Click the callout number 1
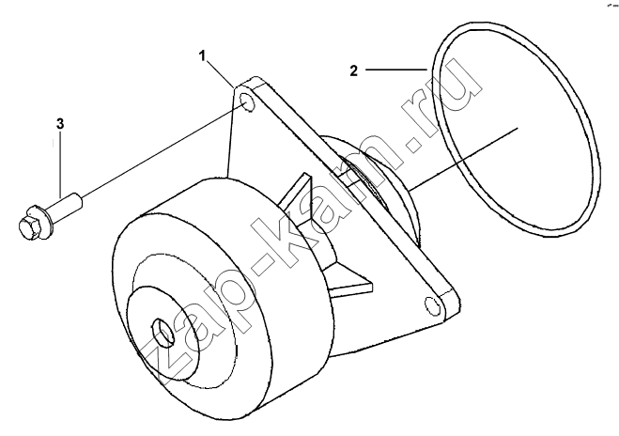[x=202, y=56]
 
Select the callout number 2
[x=354, y=70]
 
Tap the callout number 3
[x=59, y=124]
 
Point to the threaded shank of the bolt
[x=65, y=204]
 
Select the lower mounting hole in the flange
[x=433, y=305]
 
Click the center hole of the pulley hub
[x=163, y=332]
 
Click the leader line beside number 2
[x=396, y=70]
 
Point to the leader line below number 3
[x=60, y=164]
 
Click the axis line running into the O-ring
[x=463, y=159]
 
